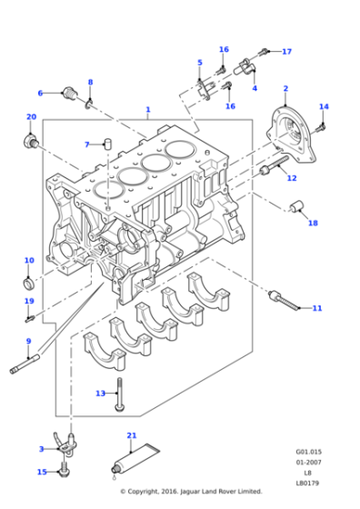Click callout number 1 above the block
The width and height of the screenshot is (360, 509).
point(148,110)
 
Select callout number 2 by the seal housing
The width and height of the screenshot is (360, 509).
point(285,88)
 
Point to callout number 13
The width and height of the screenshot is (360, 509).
point(100,393)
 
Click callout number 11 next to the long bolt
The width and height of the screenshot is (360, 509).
point(316,309)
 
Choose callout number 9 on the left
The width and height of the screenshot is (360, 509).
point(28,342)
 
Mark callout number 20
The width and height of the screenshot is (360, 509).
point(31,117)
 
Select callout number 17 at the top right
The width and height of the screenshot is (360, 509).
point(286,51)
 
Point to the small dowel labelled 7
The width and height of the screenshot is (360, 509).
point(106,144)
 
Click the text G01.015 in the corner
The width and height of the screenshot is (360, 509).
point(307,452)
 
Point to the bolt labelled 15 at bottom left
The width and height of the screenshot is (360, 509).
point(65,472)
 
